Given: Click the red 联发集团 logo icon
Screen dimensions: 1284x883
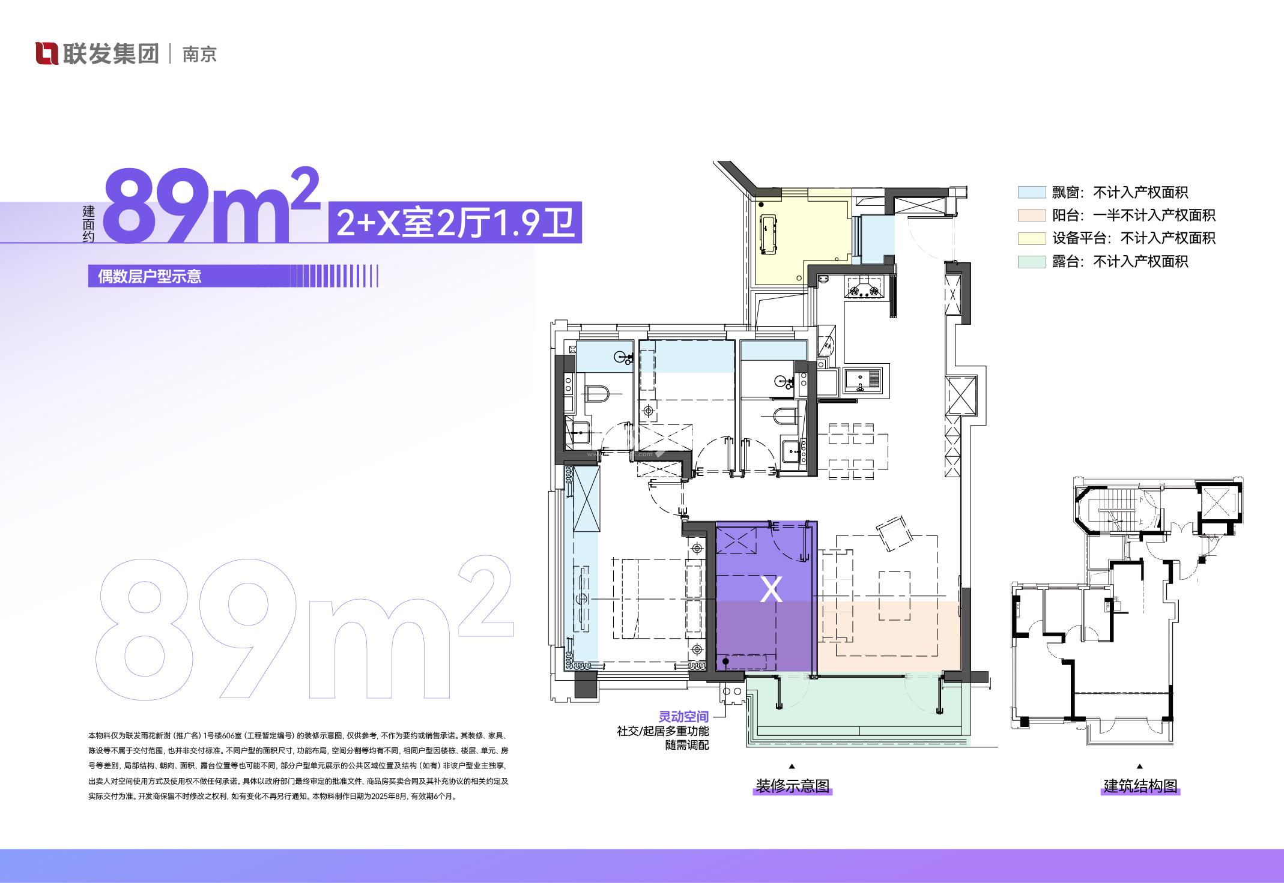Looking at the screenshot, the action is point(47,53).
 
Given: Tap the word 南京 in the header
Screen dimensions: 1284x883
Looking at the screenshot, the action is point(199,54).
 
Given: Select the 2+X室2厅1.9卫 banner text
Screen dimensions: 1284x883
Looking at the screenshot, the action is point(456,222).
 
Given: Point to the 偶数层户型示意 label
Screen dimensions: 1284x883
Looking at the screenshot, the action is point(150,277).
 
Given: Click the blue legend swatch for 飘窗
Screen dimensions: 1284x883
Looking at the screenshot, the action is point(1032,192).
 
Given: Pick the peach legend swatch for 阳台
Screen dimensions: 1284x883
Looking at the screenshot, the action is point(1032,215).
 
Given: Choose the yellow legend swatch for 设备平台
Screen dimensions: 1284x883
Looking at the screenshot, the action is point(1032,238).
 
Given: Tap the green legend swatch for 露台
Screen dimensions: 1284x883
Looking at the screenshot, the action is point(1032,261).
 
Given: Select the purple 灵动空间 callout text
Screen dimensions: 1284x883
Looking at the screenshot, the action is point(683,717).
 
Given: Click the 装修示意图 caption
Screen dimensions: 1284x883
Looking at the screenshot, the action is point(792,786).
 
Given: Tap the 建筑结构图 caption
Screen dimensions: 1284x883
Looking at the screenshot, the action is point(1140,786).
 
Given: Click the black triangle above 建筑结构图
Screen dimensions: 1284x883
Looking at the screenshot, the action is point(1140,767).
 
